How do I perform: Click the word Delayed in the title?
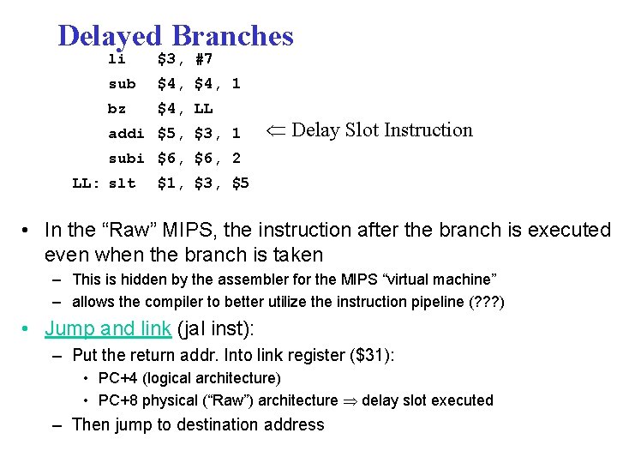(x=110, y=36)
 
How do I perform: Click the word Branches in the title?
(x=232, y=36)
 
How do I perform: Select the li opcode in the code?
(x=117, y=59)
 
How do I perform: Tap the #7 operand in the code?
(x=204, y=59)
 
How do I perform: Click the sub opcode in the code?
(x=122, y=84)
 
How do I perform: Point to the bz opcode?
(x=117, y=109)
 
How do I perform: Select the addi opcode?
(x=126, y=134)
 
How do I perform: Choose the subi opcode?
(x=126, y=159)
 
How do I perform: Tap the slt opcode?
(x=122, y=183)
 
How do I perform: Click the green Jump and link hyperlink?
(x=108, y=328)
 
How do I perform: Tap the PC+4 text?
(x=118, y=378)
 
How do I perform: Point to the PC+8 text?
(x=118, y=400)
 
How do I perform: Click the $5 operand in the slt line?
(x=241, y=183)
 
